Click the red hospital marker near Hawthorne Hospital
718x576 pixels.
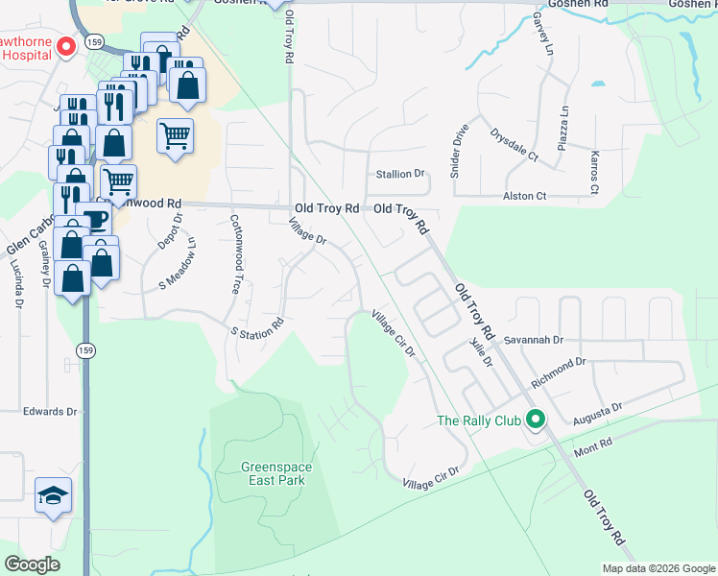tap(66, 45)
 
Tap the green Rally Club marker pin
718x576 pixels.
tap(536, 420)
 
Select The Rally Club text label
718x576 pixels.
tap(477, 420)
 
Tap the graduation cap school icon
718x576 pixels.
tap(54, 495)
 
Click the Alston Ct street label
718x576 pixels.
tap(524, 196)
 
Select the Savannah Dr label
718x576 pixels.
tap(534, 340)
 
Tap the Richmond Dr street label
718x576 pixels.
tap(558, 370)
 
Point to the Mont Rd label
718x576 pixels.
tap(592, 447)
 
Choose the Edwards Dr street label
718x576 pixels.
tap(50, 411)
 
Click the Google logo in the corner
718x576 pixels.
tap(32, 564)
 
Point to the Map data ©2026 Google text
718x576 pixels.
tap(658, 568)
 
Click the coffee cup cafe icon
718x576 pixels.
tap(94, 220)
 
